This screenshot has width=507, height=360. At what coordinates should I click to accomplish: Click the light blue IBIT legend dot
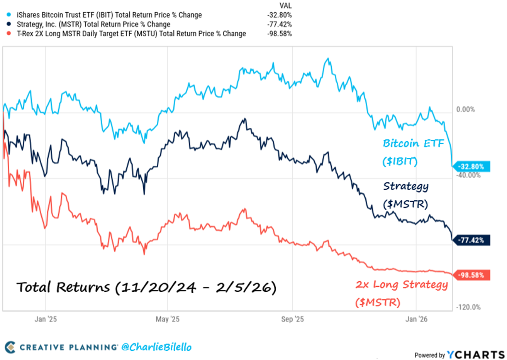(9, 15)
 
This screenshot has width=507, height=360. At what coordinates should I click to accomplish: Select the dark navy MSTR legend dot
(9, 24)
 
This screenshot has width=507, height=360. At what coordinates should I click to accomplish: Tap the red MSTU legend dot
(9, 34)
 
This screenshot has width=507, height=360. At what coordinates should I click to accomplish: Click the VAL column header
(285, 6)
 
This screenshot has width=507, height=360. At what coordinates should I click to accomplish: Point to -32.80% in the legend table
(280, 15)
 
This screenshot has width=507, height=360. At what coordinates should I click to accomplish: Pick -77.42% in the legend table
(280, 24)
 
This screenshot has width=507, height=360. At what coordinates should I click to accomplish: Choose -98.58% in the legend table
(280, 34)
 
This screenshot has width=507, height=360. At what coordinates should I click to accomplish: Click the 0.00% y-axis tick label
(465, 110)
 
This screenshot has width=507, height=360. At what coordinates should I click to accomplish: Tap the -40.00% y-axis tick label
(468, 175)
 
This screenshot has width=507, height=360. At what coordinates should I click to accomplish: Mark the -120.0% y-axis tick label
(468, 307)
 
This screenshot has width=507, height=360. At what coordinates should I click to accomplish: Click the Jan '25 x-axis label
(46, 319)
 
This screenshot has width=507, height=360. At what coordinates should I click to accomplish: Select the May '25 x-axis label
(168, 319)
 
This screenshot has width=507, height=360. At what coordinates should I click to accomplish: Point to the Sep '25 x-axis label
(292, 319)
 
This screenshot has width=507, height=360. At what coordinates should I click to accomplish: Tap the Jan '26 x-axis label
(416, 319)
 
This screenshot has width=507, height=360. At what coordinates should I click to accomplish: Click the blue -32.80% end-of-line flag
(471, 167)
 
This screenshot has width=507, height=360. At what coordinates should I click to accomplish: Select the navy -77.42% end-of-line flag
(471, 240)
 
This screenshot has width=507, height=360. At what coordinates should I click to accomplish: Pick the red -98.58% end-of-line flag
(471, 275)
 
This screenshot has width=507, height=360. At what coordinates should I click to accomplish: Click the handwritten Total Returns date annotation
(146, 287)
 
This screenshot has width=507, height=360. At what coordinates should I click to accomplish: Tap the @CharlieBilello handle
(156, 347)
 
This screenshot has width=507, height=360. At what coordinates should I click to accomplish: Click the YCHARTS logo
(475, 355)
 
